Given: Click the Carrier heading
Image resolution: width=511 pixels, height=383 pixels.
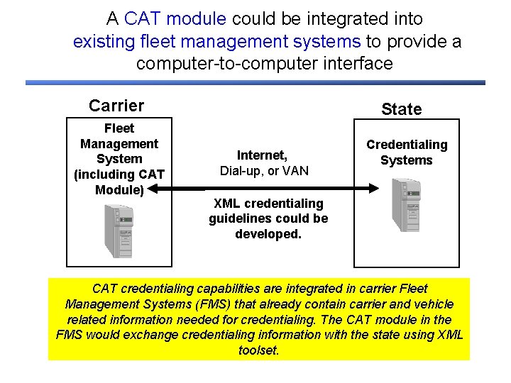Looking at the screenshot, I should point(116,106).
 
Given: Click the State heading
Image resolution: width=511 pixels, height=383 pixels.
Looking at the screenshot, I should point(401,109).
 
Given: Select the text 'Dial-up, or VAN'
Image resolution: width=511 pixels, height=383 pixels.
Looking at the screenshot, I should point(264,171).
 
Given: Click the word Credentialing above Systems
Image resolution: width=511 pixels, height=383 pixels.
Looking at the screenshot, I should point(407,145).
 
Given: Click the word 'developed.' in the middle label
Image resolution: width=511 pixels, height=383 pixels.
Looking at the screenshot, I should point(268,233).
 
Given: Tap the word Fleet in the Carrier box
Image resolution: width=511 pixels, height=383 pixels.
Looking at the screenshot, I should point(119,128).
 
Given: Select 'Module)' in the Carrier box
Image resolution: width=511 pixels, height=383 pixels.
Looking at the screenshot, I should point(119,189).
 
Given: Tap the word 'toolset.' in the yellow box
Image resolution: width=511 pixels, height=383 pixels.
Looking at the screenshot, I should point(259,350).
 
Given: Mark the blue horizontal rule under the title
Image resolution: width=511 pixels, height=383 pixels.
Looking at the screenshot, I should point(255,82).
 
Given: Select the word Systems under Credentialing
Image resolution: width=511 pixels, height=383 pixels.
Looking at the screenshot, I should point(406,160).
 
